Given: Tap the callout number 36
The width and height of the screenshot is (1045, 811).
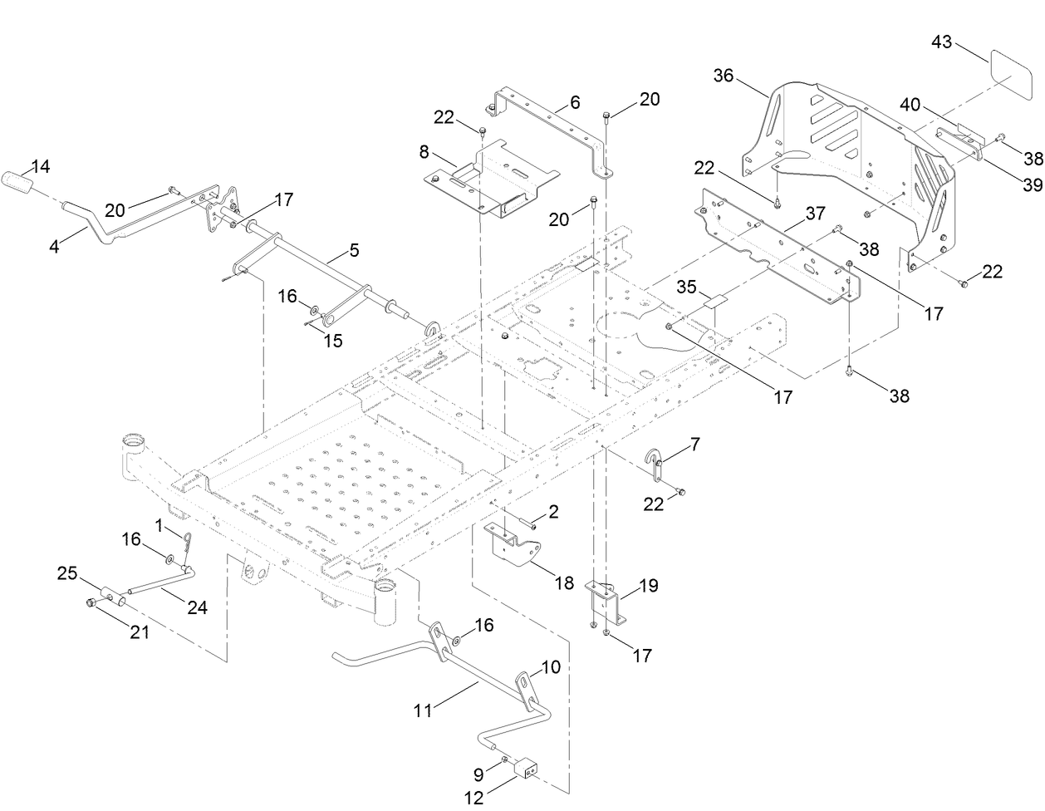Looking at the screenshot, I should point(724,76).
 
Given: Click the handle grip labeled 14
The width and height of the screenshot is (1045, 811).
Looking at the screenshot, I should point(18,180).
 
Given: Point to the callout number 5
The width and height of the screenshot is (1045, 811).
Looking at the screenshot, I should point(354,249).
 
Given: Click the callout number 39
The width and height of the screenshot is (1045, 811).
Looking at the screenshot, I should point(1032,184).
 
